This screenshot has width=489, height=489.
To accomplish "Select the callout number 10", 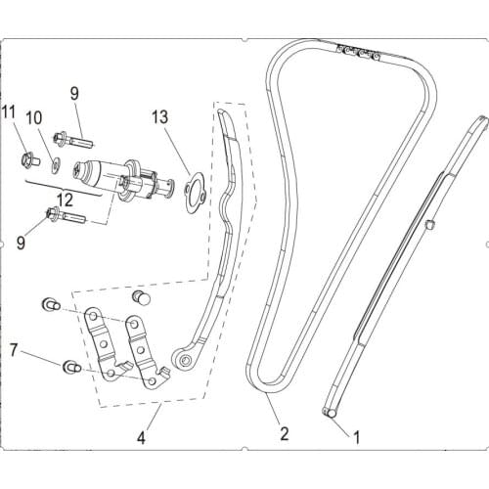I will point(34,118).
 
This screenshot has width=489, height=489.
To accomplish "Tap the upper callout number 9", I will point(72,94).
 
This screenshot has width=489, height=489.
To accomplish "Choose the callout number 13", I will point(160,117).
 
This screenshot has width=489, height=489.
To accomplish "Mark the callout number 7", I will point(14,349).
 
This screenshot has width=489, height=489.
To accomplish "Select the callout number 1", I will point(357,438).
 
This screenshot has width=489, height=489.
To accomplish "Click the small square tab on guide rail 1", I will point(429,227).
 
